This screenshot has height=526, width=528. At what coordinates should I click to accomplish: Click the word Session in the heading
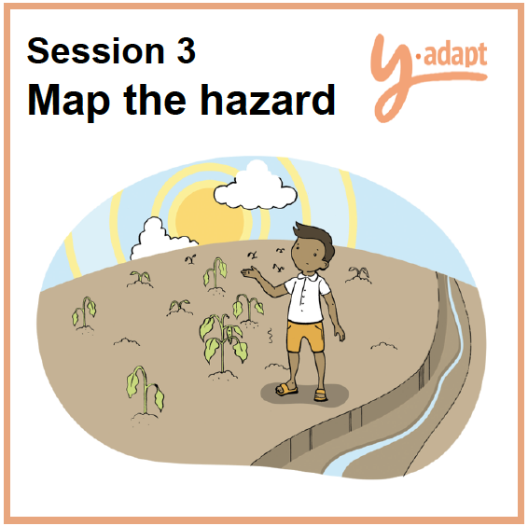pyautogui.click(x=96, y=50)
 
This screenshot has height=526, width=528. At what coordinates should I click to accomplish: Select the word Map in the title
pyautogui.click(x=69, y=100)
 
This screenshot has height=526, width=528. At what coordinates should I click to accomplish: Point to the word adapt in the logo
pyautogui.click(x=455, y=55)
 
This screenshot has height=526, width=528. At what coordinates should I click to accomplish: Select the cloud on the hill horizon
pyautogui.click(x=159, y=240)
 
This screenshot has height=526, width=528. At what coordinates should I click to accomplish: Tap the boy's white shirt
pyautogui.click(x=306, y=298)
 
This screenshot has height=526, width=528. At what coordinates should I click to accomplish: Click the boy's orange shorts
pyautogui.click(x=305, y=337)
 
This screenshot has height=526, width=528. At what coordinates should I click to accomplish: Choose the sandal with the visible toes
pyautogui.click(x=286, y=389)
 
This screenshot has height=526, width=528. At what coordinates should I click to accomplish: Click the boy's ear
pyautogui.click(x=324, y=265)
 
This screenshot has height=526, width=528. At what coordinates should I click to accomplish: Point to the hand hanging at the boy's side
pyautogui.click(x=340, y=334)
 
